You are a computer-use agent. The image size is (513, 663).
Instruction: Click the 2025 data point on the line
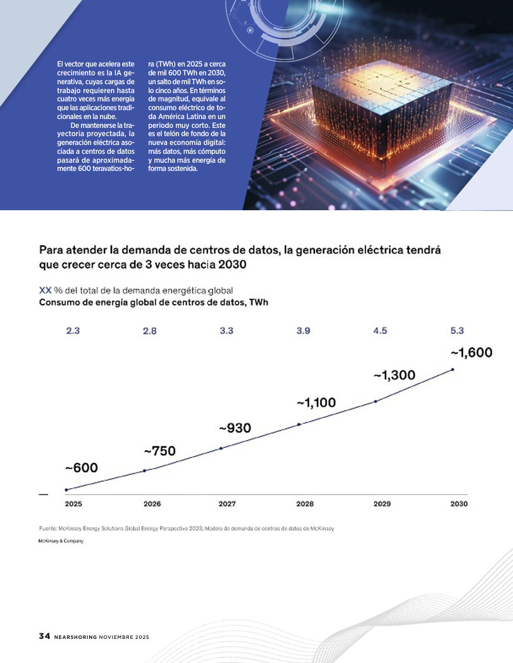click(x=66, y=489)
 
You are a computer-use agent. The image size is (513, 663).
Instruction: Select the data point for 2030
click(x=453, y=370)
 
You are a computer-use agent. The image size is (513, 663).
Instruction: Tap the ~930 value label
click(x=235, y=428)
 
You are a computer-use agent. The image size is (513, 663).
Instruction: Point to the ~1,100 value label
click(x=316, y=403)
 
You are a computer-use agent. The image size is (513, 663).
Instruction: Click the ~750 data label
click(x=159, y=451)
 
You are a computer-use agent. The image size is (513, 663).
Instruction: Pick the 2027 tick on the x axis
click(x=227, y=503)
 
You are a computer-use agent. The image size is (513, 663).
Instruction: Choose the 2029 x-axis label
click(x=382, y=503)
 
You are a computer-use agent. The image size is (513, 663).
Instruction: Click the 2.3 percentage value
click(x=73, y=331)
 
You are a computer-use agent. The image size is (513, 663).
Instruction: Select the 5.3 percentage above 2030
click(x=457, y=331)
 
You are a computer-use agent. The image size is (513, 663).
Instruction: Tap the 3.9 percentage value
click(x=304, y=331)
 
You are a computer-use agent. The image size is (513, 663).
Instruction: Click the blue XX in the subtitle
click(x=45, y=291)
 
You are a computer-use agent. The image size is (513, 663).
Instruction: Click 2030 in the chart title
click(x=232, y=265)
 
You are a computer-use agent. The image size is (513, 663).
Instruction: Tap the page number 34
click(x=44, y=636)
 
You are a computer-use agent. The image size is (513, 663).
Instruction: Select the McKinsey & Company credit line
click(x=61, y=541)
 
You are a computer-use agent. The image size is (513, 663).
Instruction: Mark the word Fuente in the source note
click(x=47, y=528)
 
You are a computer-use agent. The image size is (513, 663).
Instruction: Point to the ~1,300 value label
click(x=394, y=376)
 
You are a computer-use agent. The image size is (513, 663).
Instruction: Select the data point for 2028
click(x=299, y=424)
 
